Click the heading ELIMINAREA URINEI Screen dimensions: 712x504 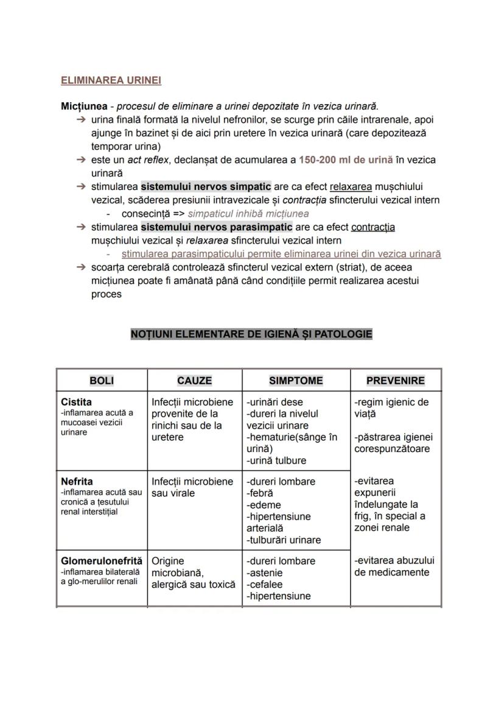point(111,80)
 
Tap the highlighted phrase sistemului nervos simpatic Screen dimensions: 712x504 point(206,187)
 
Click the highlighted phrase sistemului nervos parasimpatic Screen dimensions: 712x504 point(216,227)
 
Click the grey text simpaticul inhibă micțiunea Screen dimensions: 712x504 point(248,214)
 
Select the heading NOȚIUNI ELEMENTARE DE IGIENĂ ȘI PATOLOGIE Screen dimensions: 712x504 point(251,334)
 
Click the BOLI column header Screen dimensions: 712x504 point(102,381)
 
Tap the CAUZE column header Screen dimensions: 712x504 point(194,381)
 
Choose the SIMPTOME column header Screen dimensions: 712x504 point(296,381)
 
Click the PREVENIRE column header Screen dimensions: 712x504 point(395,381)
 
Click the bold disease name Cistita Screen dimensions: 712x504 point(77,402)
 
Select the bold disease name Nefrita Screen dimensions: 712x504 point(77,482)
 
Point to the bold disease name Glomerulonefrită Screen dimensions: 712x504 point(102,561)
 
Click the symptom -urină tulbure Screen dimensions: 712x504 point(276,460)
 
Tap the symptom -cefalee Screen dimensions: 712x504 point(265,585)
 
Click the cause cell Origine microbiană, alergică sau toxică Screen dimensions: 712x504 point(193,573)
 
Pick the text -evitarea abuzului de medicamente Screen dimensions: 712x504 point(394,566)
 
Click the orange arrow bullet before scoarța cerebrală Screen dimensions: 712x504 point(81,267)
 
